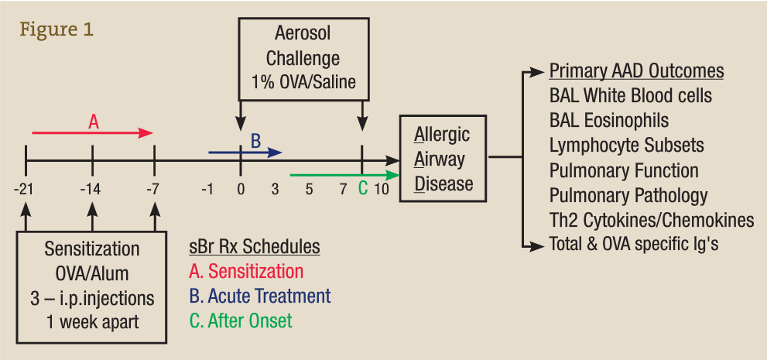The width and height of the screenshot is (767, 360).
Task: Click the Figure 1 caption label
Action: click(x=57, y=30)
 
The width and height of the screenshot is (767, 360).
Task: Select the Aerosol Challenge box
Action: click(x=303, y=58)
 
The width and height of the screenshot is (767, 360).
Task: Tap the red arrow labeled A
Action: click(x=93, y=133)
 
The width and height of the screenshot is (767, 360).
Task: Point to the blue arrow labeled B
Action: click(x=245, y=153)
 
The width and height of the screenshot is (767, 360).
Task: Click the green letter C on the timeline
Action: click(x=362, y=188)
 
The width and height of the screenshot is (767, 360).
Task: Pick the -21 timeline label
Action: click(x=26, y=189)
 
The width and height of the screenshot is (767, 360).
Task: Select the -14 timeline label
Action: click(x=92, y=189)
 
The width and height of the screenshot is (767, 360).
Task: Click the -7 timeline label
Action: click(x=155, y=189)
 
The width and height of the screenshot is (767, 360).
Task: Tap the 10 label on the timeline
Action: click(x=382, y=189)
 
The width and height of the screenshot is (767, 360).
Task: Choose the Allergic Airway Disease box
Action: click(x=443, y=159)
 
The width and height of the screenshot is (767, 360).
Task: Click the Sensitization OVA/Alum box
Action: click(x=92, y=286)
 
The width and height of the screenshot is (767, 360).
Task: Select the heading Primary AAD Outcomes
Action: click(x=636, y=72)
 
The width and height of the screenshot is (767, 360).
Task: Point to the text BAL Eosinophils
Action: click(x=609, y=121)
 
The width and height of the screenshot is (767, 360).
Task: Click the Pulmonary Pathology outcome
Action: click(x=628, y=195)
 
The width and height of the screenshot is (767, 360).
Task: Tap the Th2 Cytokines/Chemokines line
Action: click(x=652, y=220)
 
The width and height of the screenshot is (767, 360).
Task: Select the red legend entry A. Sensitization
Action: click(x=246, y=272)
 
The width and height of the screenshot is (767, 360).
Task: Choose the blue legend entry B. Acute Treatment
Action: click(x=259, y=296)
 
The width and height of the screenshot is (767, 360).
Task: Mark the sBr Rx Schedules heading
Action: click(x=255, y=247)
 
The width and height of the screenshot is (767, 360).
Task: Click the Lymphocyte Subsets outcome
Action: click(x=627, y=146)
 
